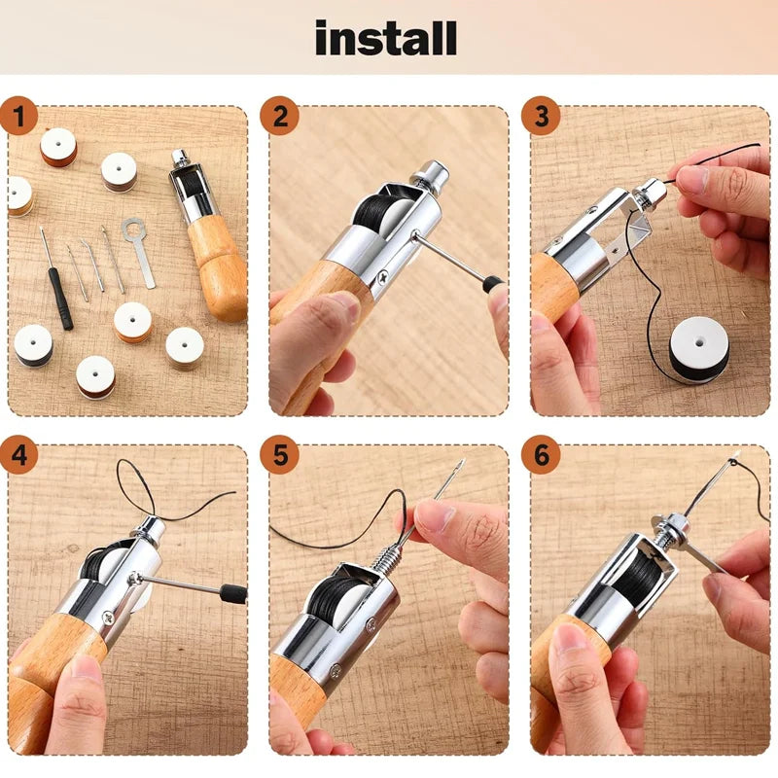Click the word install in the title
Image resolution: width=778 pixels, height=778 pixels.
[x=385, y=38]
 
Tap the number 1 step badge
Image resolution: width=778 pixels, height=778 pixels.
[x=18, y=118]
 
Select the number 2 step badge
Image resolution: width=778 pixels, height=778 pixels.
[x=280, y=118]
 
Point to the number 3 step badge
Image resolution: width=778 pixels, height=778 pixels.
[x=541, y=118]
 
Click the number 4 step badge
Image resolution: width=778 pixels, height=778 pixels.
[x=18, y=454]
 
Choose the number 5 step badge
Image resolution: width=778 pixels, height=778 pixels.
[x=280, y=454]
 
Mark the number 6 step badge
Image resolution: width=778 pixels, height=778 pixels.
[x=541, y=454]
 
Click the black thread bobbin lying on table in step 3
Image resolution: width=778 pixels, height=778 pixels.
[x=698, y=349]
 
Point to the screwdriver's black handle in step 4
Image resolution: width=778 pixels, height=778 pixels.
[x=231, y=593]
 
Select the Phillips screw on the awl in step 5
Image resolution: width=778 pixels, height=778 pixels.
[x=335, y=672]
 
